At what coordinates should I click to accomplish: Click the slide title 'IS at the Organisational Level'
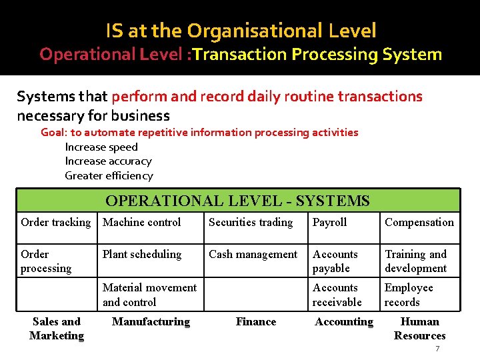241,30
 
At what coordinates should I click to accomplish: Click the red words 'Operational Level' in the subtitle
112,54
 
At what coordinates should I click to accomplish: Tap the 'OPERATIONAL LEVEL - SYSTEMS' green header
237,201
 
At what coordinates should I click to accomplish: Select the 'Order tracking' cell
56,223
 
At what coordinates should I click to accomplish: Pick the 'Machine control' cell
142,223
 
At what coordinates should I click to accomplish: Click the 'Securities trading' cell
251,223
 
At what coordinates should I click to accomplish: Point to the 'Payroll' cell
330,223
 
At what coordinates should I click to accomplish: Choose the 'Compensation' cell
419,223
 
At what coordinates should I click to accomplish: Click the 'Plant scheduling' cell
142,255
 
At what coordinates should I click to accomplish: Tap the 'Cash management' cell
253,255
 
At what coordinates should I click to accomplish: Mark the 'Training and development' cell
416,261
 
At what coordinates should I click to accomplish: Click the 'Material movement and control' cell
150,295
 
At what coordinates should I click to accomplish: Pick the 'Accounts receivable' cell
337,295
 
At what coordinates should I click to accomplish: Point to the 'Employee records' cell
409,295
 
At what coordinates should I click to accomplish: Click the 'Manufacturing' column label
151,322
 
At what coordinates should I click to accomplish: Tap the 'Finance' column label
256,322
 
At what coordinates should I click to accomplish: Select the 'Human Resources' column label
420,329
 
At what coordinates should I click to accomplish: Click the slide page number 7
437,349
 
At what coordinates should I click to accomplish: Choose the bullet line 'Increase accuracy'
108,161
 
